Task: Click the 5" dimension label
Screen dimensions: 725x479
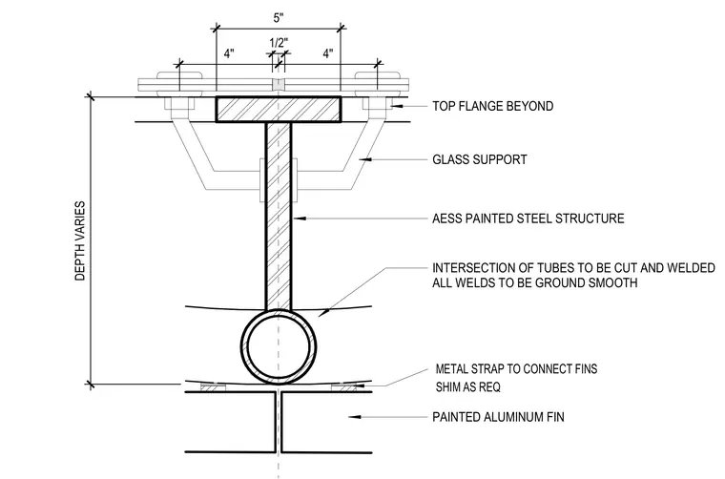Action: (x=278, y=18)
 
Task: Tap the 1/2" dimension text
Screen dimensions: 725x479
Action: (x=279, y=43)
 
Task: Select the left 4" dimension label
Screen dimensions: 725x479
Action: (x=229, y=53)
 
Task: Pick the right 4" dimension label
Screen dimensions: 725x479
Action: (x=328, y=53)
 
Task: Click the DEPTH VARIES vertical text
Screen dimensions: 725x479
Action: (x=80, y=240)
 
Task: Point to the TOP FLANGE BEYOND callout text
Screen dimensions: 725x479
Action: (x=493, y=106)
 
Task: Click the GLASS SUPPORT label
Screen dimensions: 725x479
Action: (x=480, y=159)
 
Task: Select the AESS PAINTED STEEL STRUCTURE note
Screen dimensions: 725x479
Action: (x=528, y=219)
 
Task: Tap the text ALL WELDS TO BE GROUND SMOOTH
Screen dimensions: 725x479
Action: (x=534, y=282)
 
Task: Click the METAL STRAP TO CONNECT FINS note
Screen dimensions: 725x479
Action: (x=516, y=369)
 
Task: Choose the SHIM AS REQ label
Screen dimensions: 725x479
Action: (x=468, y=386)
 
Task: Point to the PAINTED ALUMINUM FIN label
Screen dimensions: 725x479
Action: (x=498, y=417)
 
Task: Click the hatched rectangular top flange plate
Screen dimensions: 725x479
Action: (x=279, y=110)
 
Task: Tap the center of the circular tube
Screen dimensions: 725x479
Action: (x=279, y=346)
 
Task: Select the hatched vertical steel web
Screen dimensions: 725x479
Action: (x=279, y=216)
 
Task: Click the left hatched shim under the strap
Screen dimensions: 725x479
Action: (x=213, y=387)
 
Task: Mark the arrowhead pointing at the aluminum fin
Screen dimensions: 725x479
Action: (x=354, y=417)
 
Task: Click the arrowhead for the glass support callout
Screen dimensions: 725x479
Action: (x=365, y=159)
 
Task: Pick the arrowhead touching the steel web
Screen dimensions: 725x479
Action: (x=299, y=219)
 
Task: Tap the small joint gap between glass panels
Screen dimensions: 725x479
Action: (x=278, y=85)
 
